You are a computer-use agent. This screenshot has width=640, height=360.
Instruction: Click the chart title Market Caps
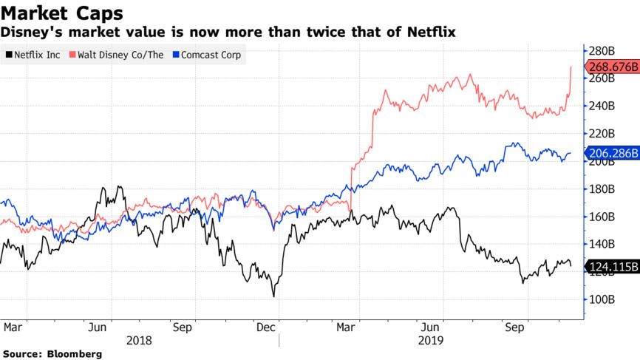(62, 13)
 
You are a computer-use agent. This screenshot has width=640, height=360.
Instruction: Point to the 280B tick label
(601, 50)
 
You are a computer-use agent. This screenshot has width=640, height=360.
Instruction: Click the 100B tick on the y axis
(601, 299)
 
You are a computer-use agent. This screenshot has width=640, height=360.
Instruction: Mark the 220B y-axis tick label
(601, 133)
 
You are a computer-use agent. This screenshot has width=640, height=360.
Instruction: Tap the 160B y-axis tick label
(601, 217)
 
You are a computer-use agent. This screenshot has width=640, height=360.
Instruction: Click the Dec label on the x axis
(267, 325)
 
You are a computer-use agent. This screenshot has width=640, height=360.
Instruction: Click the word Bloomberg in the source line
(74, 354)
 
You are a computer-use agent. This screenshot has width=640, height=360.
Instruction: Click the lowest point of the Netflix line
(273, 296)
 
